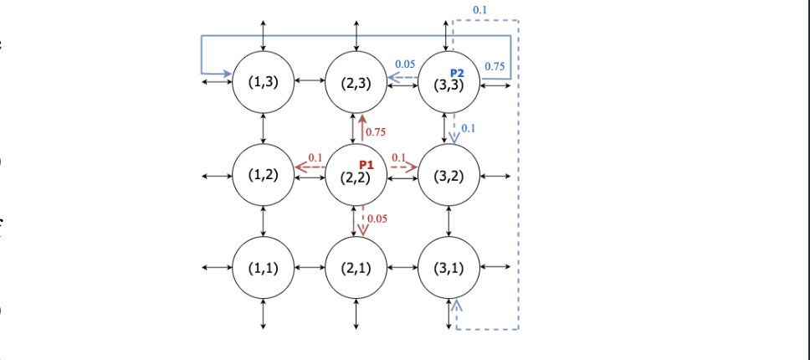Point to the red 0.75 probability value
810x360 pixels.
click(375, 132)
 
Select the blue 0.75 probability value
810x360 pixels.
click(494, 65)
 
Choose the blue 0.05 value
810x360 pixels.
click(405, 64)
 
